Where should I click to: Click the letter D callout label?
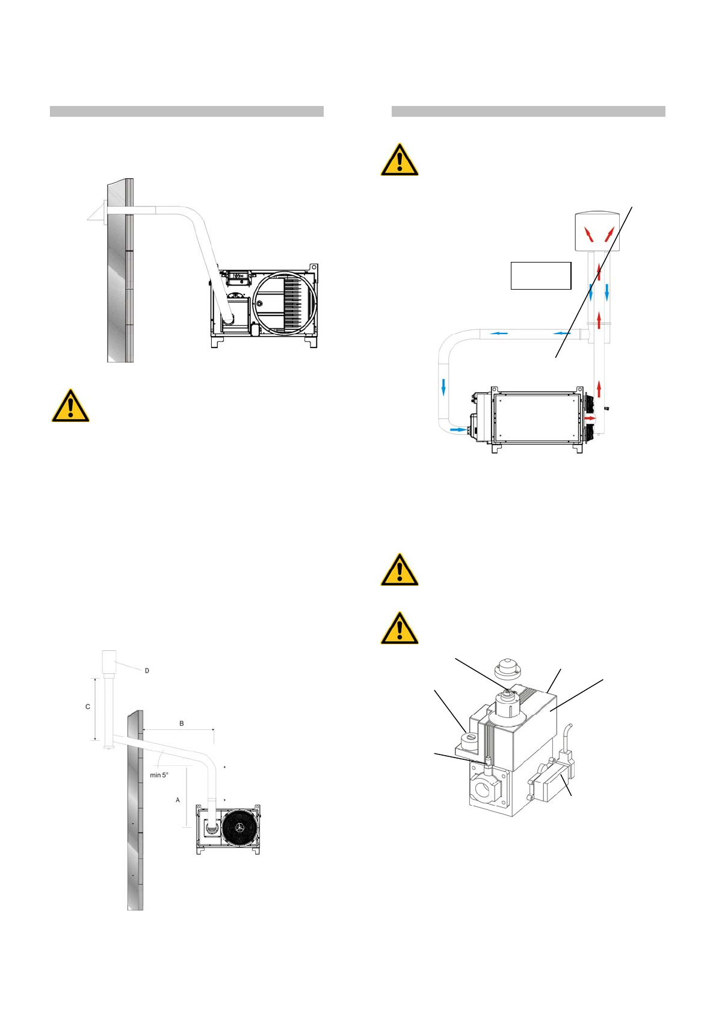tap(147, 670)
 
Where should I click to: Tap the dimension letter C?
tap(88, 706)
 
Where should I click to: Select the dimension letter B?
tap(181, 723)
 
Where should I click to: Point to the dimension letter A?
tap(177, 800)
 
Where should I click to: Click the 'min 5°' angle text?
tap(159, 775)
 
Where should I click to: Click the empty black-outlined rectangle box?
tap(540, 276)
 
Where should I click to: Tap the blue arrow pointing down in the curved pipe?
tap(443, 387)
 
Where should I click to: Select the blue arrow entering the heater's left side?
tap(458, 430)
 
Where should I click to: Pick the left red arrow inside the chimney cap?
tap(590, 235)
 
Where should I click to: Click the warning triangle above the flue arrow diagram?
tap(399, 160)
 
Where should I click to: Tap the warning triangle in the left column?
tap(70, 406)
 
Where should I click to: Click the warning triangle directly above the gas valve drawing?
tap(399, 628)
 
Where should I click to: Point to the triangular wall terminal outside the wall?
tap(96, 211)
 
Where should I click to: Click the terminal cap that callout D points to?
tap(108, 662)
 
